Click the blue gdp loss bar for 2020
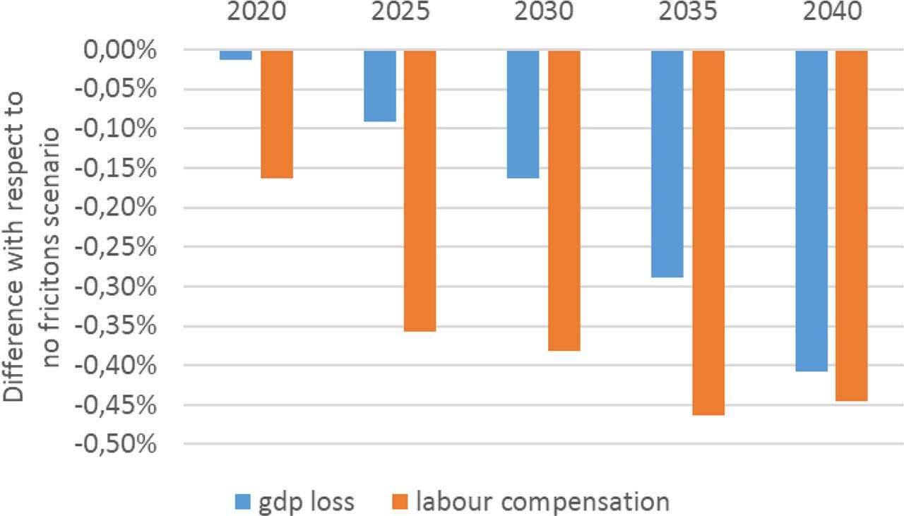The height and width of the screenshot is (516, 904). pyautogui.click(x=236, y=55)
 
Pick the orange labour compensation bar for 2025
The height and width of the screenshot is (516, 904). pyautogui.click(x=420, y=191)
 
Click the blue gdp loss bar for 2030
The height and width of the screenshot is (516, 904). pyautogui.click(x=523, y=114)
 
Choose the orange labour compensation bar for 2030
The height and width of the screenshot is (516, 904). pyautogui.click(x=564, y=200)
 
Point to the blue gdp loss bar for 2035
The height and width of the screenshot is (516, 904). pyautogui.click(x=667, y=164)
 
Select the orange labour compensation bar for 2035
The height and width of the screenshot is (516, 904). pyautogui.click(x=708, y=233)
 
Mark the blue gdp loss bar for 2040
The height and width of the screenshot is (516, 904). pyautogui.click(x=811, y=210)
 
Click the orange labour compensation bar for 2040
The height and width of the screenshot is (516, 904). pyautogui.click(x=852, y=226)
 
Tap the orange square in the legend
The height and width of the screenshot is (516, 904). pyautogui.click(x=400, y=503)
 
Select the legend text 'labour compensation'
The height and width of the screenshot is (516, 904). pyautogui.click(x=542, y=503)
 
